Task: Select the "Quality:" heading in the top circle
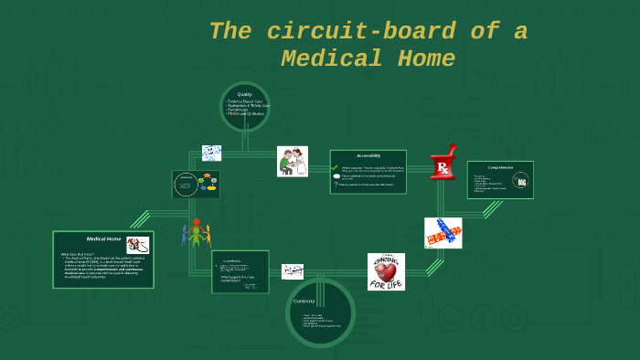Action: (245, 94)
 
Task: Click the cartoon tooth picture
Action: (211, 153)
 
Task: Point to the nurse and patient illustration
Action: (293, 162)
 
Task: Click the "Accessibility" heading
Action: (368, 156)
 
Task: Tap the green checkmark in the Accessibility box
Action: (336, 168)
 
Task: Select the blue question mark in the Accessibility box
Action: (336, 185)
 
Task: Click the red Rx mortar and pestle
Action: (443, 162)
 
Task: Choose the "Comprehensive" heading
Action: (499, 168)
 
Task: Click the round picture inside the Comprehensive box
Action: (521, 182)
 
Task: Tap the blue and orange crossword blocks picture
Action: (443, 233)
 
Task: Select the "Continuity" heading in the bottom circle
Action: (304, 301)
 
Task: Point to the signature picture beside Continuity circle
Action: (293, 271)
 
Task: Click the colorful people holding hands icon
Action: (196, 236)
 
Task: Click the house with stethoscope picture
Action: (137, 245)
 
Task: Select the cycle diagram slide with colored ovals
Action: (197, 185)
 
